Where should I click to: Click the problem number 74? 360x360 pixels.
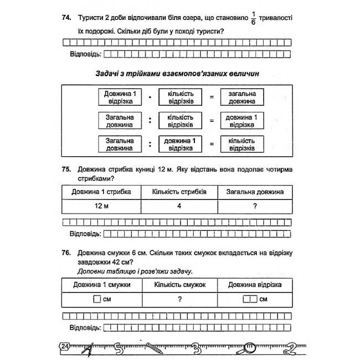click(67, 19)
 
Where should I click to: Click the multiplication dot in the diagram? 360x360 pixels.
click(149, 98)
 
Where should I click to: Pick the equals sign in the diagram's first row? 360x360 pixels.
click(210, 98)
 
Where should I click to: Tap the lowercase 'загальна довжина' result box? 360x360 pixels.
click(241, 98)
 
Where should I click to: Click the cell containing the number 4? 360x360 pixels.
click(179, 206)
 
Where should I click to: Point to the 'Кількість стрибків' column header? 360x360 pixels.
click(179, 192)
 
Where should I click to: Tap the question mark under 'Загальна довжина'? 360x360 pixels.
click(255, 206)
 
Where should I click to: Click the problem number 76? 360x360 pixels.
click(67, 253)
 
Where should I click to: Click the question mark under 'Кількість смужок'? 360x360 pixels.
click(179, 299)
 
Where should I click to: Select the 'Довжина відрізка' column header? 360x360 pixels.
click(255, 285)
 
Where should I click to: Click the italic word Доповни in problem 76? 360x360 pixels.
click(91, 271)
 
